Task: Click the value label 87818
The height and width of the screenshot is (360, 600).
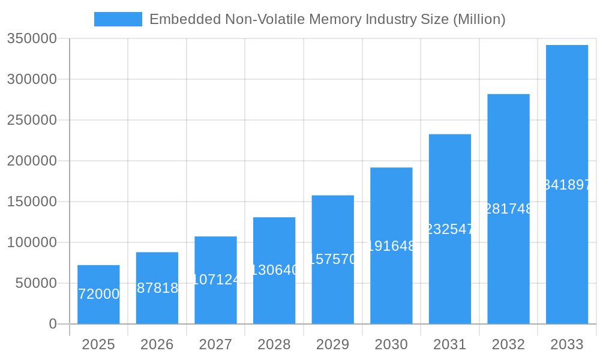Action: pyautogui.click(x=158, y=288)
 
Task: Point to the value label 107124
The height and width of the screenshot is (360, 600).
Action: pyautogui.click(x=216, y=280)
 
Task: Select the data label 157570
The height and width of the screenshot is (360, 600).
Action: pyautogui.click(x=333, y=259)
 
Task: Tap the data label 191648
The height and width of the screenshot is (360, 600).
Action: pyautogui.click(x=391, y=246)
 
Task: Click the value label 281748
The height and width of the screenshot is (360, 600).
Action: pyautogui.click(x=508, y=209)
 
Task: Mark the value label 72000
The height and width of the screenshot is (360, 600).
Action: pyautogui.click(x=99, y=294)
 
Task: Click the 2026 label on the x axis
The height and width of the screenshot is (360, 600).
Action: pyautogui.click(x=157, y=345)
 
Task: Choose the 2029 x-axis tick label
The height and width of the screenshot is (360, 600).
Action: pyautogui.click(x=333, y=345)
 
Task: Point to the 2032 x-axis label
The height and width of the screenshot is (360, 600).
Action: pyautogui.click(x=508, y=345)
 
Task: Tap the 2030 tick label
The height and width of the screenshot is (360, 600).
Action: pyautogui.click(x=391, y=345)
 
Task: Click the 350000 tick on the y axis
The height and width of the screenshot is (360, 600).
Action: pyautogui.click(x=32, y=39)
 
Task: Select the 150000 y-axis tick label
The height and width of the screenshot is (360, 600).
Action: pyautogui.click(x=32, y=202)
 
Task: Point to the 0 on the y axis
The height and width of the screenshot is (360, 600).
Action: pyautogui.click(x=53, y=324)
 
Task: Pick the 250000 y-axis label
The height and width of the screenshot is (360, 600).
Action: pyautogui.click(x=32, y=120)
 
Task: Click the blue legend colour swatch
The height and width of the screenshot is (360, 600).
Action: pyautogui.click(x=118, y=19)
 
